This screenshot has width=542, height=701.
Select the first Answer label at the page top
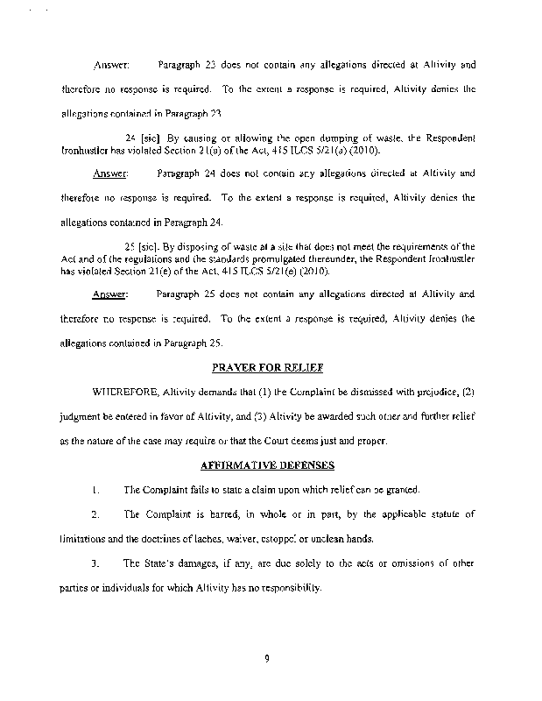[x=110, y=66]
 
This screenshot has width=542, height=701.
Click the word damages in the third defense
[x=191, y=562]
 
